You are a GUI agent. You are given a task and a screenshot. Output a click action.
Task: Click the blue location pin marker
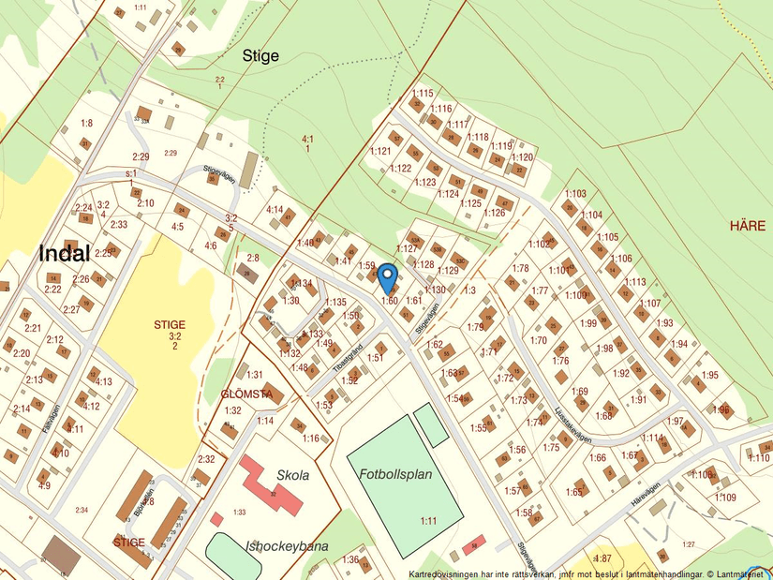387,277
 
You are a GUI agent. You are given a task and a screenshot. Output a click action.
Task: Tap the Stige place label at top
260,56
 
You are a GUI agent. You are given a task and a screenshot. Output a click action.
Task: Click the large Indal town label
65,253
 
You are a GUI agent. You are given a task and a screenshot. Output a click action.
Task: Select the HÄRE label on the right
748,226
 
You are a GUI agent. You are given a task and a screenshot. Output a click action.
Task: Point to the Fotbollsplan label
396,474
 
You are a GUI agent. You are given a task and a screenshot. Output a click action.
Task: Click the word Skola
292,475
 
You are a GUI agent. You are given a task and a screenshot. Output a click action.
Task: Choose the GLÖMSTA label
246,394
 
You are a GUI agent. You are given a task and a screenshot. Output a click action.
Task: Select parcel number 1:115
423,93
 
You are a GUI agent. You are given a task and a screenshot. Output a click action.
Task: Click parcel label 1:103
575,194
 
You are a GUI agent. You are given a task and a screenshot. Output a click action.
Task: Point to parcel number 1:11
429,520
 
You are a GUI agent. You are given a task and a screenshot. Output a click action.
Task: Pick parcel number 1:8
86,123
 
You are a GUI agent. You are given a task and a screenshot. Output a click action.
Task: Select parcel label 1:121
380,151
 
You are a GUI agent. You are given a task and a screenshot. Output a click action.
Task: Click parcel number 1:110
759,457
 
